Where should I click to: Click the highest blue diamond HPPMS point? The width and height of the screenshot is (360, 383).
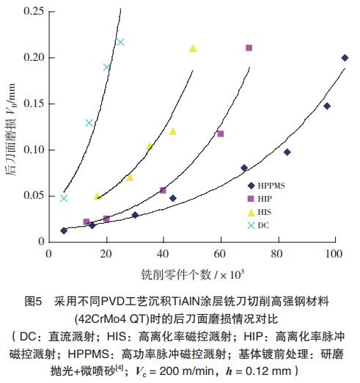345,58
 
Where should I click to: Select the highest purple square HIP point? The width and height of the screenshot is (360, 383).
249,48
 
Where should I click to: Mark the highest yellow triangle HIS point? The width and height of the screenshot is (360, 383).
193,48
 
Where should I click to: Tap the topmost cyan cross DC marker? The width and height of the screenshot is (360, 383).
120,42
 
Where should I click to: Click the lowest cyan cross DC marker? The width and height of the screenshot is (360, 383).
64,198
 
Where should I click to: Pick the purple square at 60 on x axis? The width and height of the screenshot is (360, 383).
221,134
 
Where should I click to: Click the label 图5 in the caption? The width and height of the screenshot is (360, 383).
34,302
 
